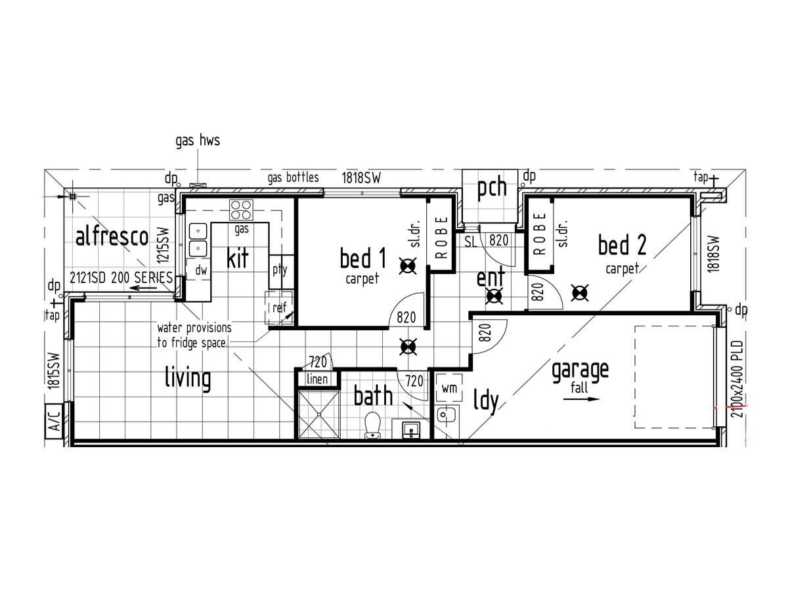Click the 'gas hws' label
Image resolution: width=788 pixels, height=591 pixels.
point(198,141)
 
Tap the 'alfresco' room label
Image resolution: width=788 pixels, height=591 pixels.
point(112,236)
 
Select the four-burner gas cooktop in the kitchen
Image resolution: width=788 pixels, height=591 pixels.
point(241,209)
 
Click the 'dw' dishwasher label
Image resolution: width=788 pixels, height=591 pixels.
point(201,270)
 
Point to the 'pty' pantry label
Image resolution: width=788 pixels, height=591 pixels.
point(280,270)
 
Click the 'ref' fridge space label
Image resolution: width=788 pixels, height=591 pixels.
point(279,307)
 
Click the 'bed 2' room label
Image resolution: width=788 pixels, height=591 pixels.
point(622,245)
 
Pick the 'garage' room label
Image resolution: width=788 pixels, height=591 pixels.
point(580,372)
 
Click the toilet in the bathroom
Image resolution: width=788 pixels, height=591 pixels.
point(372,426)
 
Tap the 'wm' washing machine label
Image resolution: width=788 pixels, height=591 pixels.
point(449,388)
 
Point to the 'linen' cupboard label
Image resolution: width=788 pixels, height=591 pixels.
point(317,379)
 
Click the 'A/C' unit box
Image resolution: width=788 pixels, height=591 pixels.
point(54,422)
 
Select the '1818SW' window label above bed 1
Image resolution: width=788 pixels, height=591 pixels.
point(361,178)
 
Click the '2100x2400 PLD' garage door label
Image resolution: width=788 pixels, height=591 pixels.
point(737,379)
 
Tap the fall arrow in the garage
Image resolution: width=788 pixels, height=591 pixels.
point(582,399)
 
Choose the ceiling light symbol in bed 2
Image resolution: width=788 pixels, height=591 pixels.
point(579,293)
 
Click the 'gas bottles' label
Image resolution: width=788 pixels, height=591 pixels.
point(293,177)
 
